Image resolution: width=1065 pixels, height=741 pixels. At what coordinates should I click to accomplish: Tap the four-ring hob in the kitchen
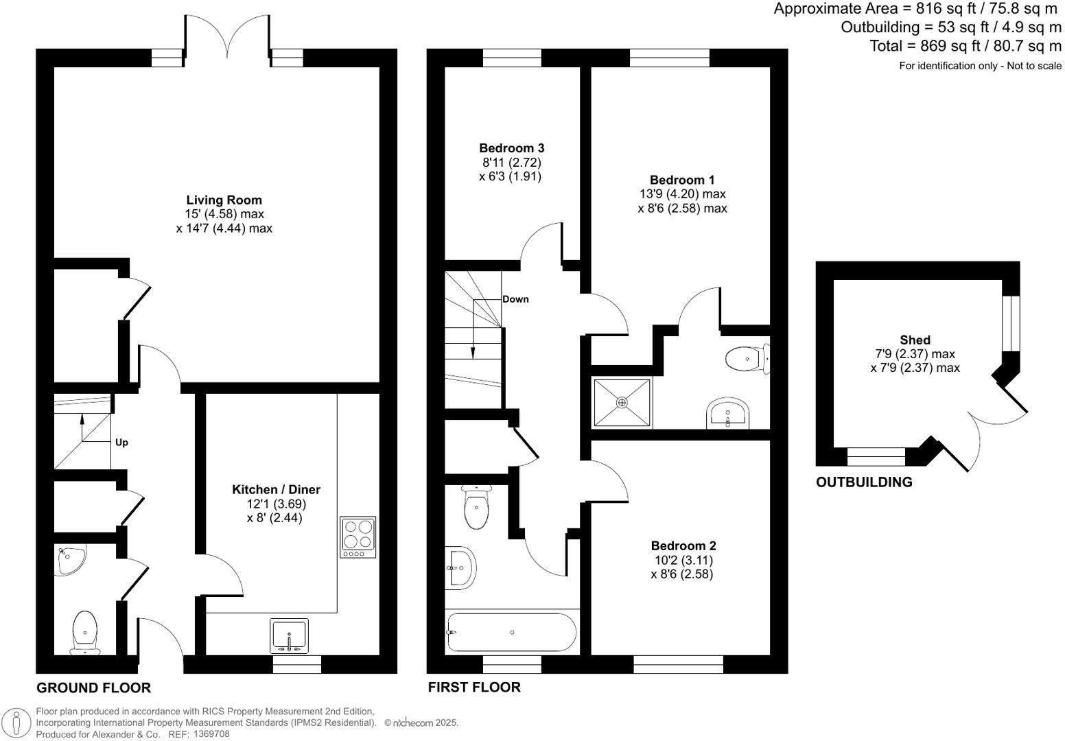click(x=358, y=537)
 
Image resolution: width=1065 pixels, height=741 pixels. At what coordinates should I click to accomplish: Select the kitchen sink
click(x=290, y=636)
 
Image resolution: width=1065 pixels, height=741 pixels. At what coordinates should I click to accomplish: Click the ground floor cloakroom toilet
click(x=85, y=631)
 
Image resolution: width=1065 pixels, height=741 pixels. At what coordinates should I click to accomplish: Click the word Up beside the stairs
click(x=121, y=443)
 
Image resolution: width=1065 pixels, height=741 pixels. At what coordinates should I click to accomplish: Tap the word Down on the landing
click(x=515, y=299)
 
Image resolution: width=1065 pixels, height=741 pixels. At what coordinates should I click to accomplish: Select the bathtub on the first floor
click(x=511, y=632)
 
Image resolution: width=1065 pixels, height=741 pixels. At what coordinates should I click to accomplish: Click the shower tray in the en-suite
click(x=622, y=403)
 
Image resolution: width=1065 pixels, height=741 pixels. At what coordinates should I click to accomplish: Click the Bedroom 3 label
click(x=511, y=148)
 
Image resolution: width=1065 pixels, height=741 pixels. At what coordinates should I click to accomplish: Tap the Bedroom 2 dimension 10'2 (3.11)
click(x=682, y=560)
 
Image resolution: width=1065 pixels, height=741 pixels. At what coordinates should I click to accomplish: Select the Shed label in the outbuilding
click(x=915, y=340)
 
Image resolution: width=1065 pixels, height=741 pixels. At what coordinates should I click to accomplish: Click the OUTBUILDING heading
click(x=864, y=482)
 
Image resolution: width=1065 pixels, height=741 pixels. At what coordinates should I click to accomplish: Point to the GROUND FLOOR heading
click(x=93, y=687)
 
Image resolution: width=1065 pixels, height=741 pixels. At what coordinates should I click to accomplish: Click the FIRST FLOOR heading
click(x=473, y=687)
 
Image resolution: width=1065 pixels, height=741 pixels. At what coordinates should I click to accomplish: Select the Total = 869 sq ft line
click(x=965, y=46)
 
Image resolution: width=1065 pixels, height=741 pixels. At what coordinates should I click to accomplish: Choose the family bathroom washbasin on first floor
click(x=460, y=568)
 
